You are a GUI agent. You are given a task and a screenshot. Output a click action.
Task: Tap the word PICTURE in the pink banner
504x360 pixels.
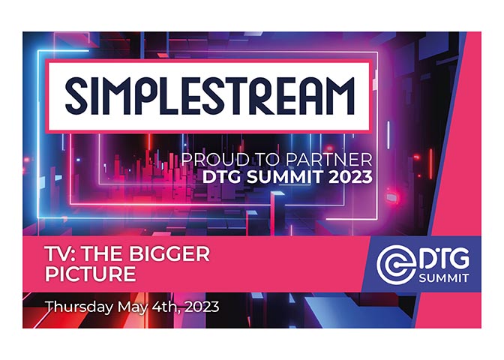click(91, 274)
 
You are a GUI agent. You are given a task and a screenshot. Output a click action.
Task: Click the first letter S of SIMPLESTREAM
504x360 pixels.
click(78, 97)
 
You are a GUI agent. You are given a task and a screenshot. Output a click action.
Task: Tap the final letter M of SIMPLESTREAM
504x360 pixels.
click(337, 97)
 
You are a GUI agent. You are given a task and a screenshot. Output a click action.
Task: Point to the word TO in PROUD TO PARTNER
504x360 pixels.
click(259, 160)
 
